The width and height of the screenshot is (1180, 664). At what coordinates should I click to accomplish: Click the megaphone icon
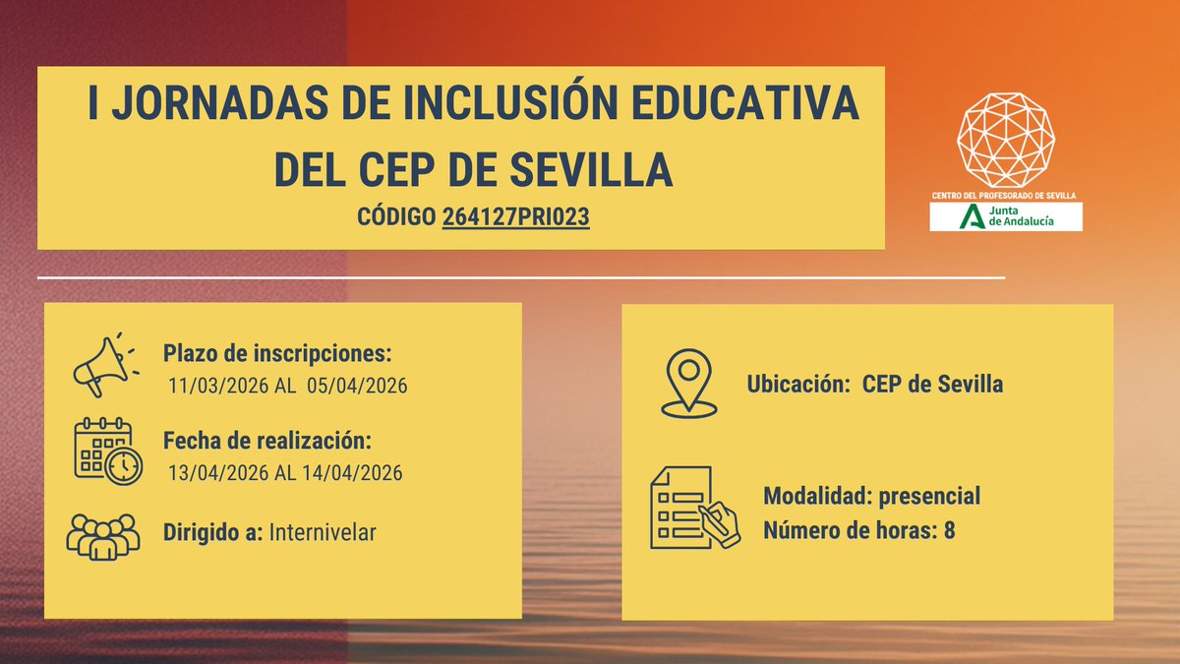[102, 365]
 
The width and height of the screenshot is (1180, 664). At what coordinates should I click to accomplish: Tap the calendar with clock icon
[107, 452]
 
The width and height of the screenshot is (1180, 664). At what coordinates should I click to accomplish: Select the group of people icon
[102, 537]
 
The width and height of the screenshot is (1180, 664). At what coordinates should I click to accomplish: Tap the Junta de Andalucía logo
[1006, 217]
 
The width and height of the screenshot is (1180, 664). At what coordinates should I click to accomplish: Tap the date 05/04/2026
[357, 385]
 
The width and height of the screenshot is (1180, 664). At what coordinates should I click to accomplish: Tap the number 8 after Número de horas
[949, 531]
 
